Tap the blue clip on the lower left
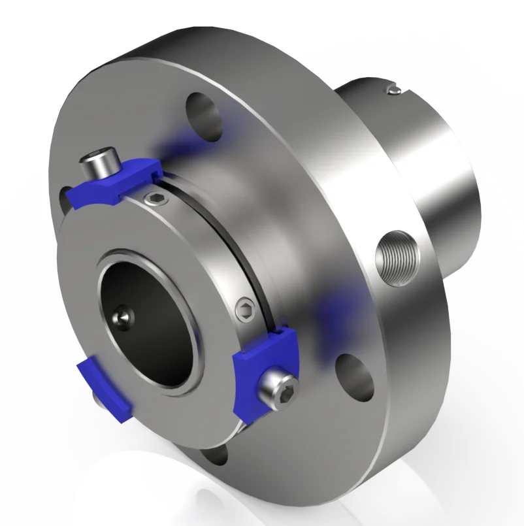click(105, 388)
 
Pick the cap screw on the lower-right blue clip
click(278, 389)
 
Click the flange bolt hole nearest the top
click(205, 115)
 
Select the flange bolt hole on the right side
click(354, 374)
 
